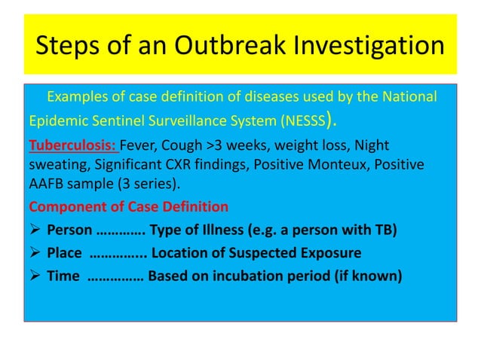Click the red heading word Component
[x=67, y=206]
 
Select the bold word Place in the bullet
[x=65, y=252]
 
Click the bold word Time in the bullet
[x=63, y=276]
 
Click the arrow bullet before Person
[x=35, y=230]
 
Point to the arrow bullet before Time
[x=35, y=276]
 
